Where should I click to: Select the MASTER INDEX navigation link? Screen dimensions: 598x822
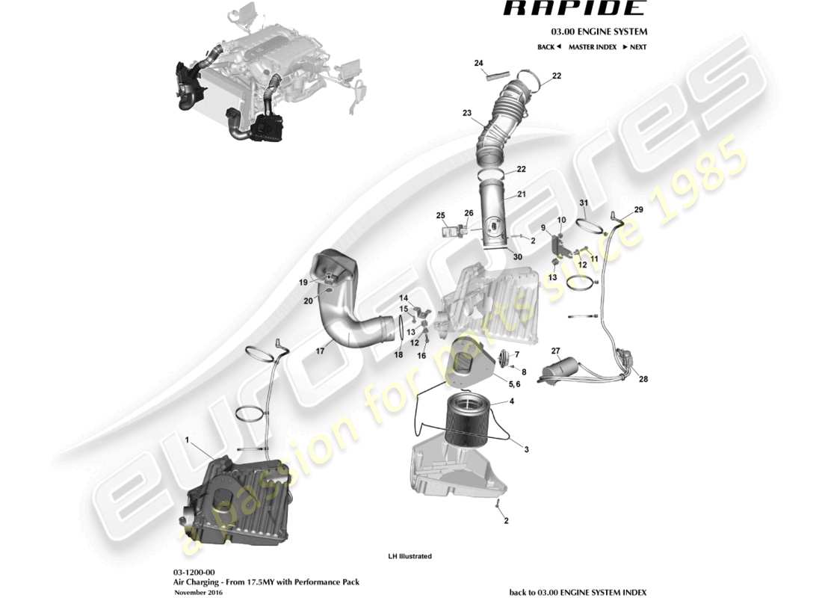[592, 47]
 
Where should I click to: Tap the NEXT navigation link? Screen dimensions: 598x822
[634, 47]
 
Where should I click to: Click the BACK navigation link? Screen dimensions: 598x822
[548, 47]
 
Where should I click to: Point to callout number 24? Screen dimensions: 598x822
[479, 63]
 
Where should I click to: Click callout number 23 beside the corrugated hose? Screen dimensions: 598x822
[467, 114]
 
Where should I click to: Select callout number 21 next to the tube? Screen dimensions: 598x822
[522, 194]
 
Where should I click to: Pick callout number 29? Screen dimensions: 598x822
[638, 209]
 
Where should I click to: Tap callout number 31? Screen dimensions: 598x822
[584, 203]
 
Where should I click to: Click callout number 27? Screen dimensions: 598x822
[555, 351]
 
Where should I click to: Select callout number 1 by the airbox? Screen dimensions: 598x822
[188, 440]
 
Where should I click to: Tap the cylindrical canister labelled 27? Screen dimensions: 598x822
[564, 370]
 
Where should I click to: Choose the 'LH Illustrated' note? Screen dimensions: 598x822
[410, 556]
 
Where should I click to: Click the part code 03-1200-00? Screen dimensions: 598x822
[194, 570]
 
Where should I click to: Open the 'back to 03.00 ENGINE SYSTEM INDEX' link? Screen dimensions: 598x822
[578, 592]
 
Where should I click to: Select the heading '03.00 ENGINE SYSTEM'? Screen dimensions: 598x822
[599, 32]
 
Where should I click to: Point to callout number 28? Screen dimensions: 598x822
[643, 379]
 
